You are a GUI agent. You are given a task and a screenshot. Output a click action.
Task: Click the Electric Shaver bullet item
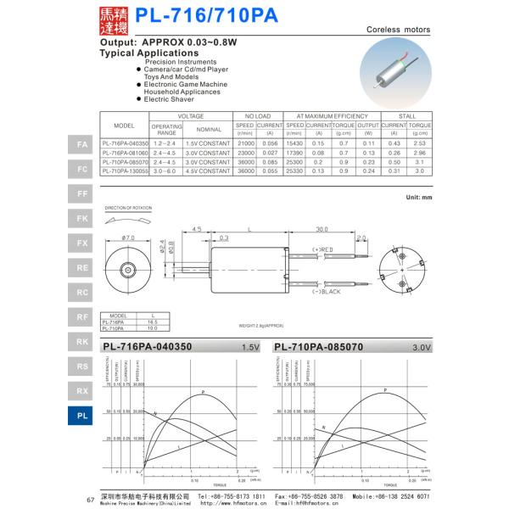tap(170, 99)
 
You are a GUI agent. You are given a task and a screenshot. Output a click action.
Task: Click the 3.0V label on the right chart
tap(422, 348)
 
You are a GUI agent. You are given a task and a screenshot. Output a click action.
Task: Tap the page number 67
tap(91, 499)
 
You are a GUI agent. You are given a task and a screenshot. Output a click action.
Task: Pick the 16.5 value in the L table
tap(153, 322)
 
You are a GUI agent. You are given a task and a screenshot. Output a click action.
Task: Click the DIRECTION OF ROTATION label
tap(126, 207)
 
